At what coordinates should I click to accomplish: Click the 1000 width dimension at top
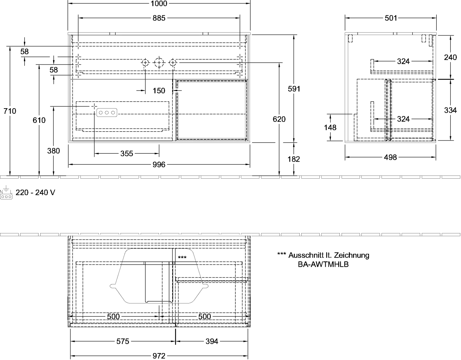coord(159,3)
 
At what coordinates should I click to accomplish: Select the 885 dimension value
coord(159,18)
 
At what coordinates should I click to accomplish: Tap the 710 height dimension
coord(10,111)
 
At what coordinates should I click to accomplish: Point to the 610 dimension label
coord(39,120)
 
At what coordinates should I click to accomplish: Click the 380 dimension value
coord(53,151)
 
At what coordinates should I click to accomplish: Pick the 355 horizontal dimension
coord(127,153)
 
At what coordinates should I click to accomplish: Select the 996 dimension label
coord(159,164)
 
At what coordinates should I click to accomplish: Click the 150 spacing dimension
coord(159,91)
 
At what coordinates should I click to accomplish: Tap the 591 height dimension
coord(294,89)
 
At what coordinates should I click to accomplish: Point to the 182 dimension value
coord(294,159)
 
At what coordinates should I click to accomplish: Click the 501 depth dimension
coord(391,18)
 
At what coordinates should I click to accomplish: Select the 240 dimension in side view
coord(450,57)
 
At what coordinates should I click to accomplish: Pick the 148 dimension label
coord(330,127)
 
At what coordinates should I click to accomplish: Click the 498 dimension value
coord(390,157)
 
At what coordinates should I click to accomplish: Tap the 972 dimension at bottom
coord(159,356)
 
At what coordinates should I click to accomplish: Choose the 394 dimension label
coord(212,341)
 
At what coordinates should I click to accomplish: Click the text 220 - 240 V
coord(35,192)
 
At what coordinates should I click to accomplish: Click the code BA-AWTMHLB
coord(323,264)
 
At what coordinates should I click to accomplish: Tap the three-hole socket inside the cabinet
coord(107,112)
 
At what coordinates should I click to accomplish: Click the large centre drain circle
coord(159,63)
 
